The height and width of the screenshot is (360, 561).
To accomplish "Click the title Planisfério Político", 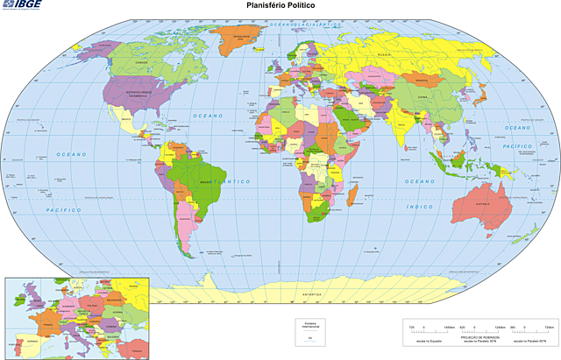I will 280,6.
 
